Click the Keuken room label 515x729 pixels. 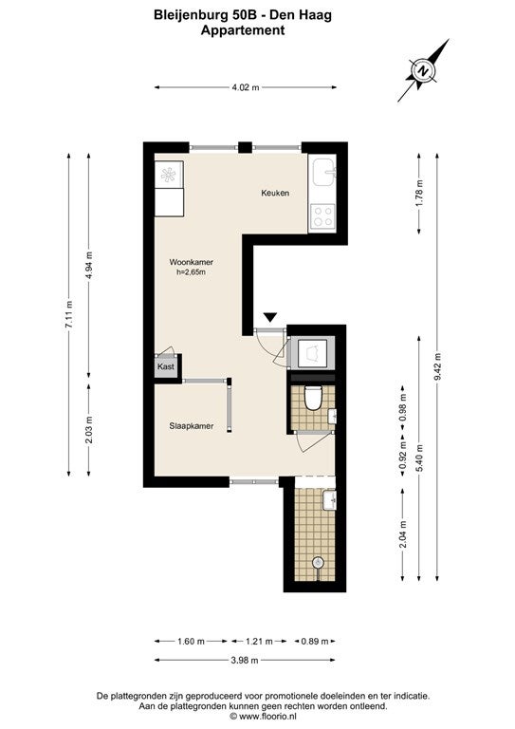[x=275, y=193]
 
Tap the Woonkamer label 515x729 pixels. [x=191, y=262]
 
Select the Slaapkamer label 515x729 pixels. [x=192, y=426]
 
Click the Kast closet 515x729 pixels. [x=167, y=366]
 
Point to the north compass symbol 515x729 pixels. [x=423, y=70]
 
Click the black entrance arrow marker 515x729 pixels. [x=270, y=317]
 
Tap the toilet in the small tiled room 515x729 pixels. [x=313, y=398]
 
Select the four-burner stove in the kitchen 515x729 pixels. [x=322, y=216]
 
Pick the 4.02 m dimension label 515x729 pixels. [x=246, y=87]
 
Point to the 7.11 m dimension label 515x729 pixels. [x=69, y=315]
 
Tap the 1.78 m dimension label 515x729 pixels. [x=419, y=193]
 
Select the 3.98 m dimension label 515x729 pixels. [x=245, y=661]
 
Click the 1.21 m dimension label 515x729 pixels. [x=259, y=642]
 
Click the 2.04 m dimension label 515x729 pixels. [x=403, y=533]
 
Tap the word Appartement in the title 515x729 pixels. [x=243, y=30]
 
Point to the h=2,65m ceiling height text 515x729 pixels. [x=191, y=272]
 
